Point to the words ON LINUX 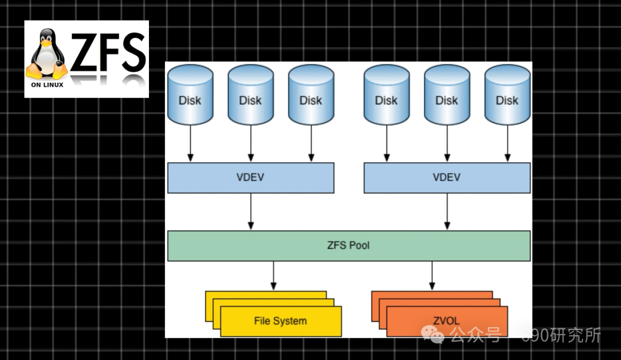[47, 85]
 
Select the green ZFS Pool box [348, 246]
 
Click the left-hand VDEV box [250, 178]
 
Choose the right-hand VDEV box [447, 178]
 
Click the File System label [280, 321]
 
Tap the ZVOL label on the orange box [446, 320]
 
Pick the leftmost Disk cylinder [190, 95]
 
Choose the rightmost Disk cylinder [507, 95]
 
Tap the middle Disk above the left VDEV [250, 95]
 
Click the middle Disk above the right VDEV [447, 95]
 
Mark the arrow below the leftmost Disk [190, 143]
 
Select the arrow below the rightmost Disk [507, 143]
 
